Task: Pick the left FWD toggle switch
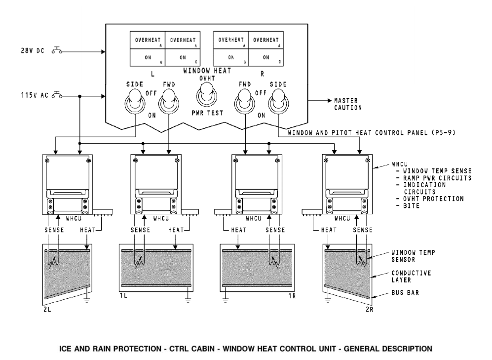tap(168, 103)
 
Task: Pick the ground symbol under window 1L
tap(188, 299)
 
